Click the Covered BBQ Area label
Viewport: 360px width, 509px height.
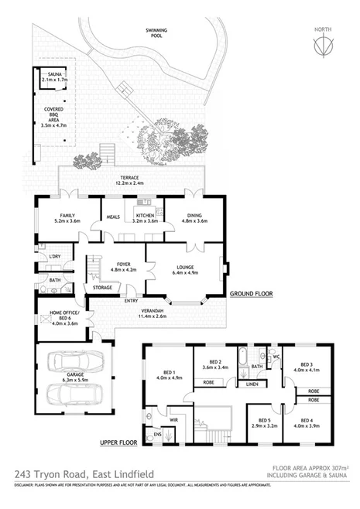click(53, 115)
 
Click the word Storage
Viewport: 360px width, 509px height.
click(102, 288)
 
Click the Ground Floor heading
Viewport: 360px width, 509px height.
click(252, 295)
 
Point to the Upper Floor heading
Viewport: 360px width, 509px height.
click(119, 443)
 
